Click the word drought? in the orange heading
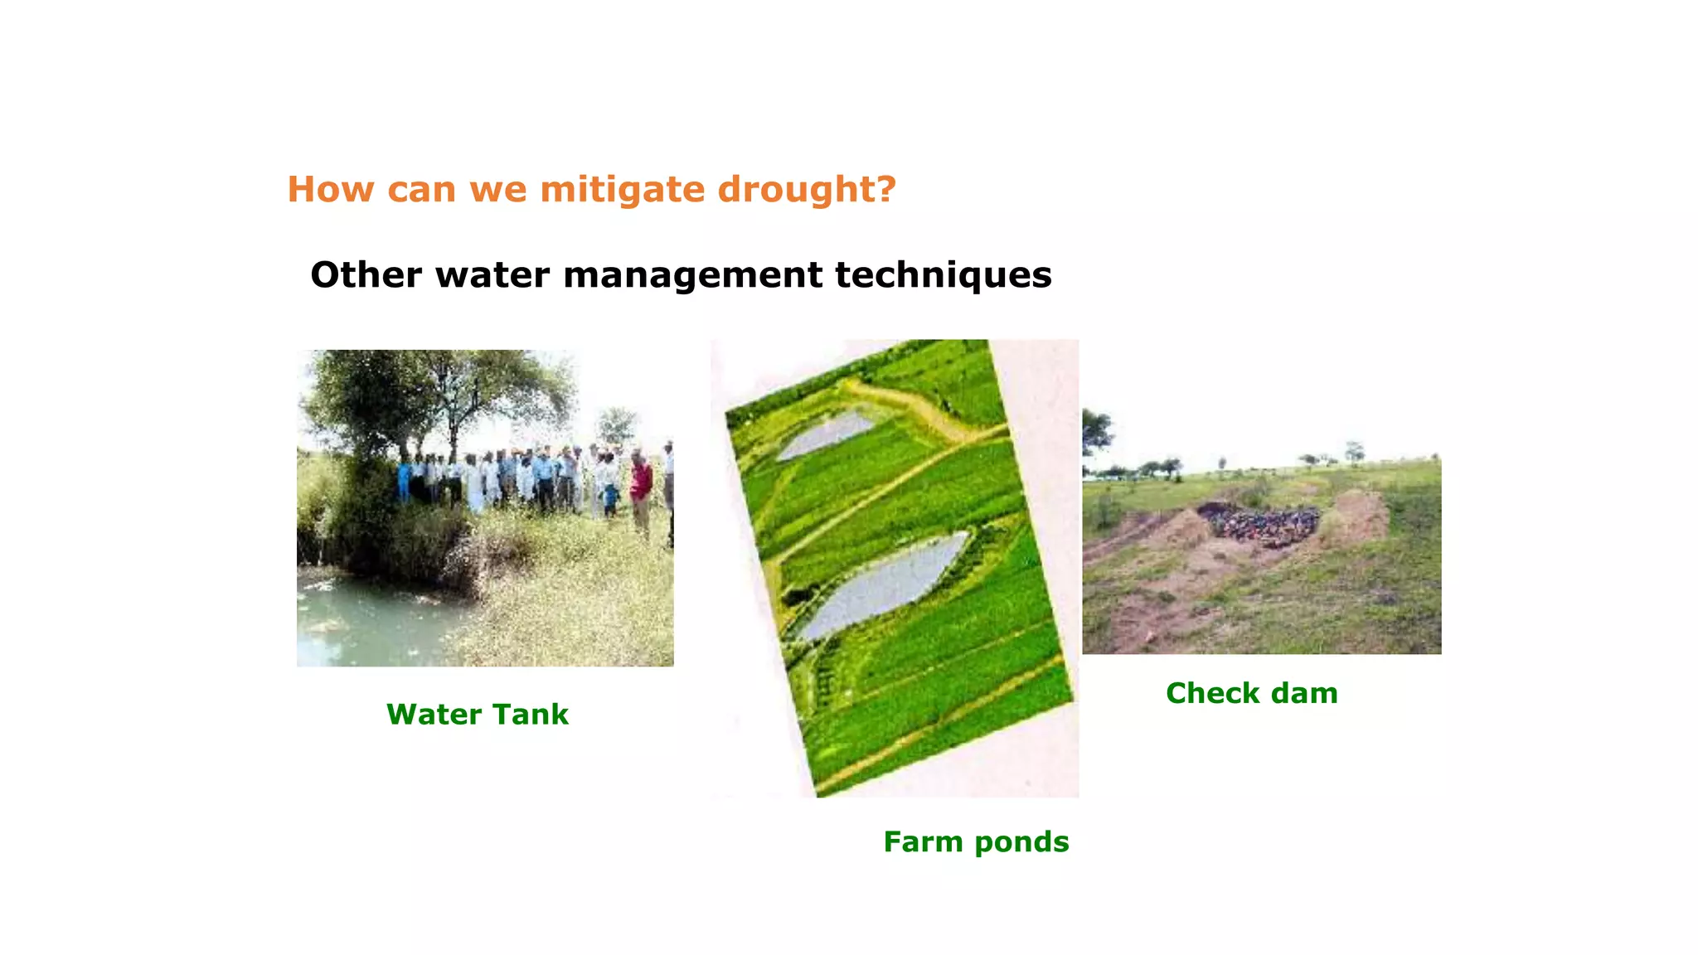(x=807, y=190)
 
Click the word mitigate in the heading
(x=623, y=190)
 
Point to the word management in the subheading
(x=693, y=275)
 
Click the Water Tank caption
(x=478, y=715)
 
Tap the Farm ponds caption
(x=976, y=842)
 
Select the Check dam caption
(x=1251, y=693)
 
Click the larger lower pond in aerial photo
(x=883, y=584)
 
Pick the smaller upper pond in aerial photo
(x=826, y=434)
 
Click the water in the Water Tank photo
(x=365, y=622)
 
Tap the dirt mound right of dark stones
(x=1356, y=519)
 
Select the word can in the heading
(x=421, y=190)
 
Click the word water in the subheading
(x=492, y=275)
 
